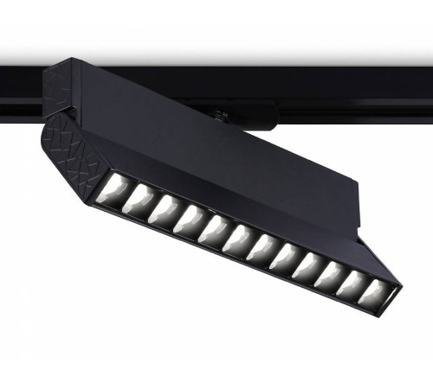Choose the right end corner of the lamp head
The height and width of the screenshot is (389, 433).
(398, 285)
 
